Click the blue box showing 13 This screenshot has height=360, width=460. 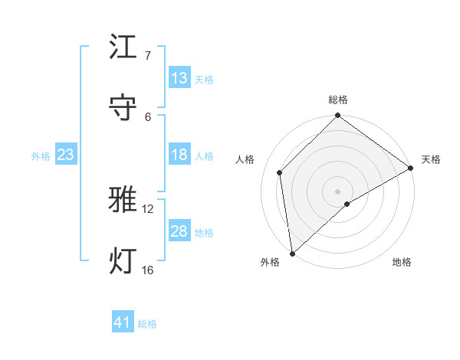(179, 78)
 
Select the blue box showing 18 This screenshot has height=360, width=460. (179, 155)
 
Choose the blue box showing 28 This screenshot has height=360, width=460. (179, 231)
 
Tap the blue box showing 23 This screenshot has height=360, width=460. (66, 155)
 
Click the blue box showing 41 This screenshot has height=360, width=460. (123, 322)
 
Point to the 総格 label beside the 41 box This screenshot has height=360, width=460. (147, 324)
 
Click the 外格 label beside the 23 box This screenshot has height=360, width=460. (41, 156)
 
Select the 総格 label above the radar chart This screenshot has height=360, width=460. (338, 100)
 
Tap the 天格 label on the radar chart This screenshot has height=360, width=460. (431, 159)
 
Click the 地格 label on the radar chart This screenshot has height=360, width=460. (402, 262)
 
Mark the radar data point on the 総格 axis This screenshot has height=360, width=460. (337, 116)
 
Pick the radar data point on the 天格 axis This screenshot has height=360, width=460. (411, 168)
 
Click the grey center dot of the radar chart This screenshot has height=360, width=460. (337, 191)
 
